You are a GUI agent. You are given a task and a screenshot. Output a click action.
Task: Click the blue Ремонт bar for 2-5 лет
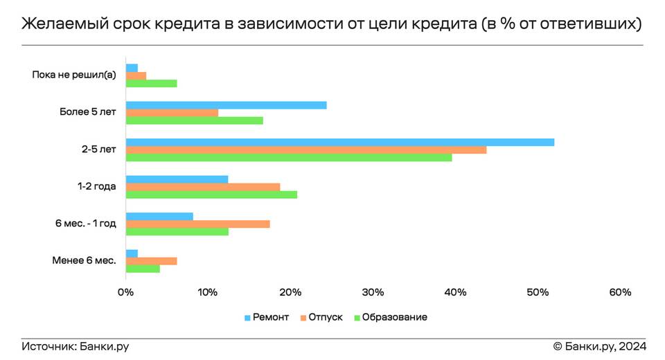coord(339,143)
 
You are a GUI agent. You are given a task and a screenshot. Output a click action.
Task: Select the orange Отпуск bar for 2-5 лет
coord(305,150)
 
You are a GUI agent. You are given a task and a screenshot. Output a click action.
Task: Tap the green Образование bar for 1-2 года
coord(211,195)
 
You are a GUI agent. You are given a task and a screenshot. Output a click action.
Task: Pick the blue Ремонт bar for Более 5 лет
coord(226,105)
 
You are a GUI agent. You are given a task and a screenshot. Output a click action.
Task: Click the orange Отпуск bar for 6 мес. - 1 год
coord(197,224)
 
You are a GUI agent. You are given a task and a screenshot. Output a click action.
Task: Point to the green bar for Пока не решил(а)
coord(151,83)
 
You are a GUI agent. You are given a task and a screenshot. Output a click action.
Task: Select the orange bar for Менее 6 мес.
coord(151,261)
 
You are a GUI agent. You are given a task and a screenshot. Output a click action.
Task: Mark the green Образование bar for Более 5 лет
coord(194,120)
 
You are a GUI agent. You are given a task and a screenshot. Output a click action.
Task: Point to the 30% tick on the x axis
coord(373,292)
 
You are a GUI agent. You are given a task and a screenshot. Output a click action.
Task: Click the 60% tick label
coord(621,292)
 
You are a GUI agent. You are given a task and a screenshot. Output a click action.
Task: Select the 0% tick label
coord(125,292)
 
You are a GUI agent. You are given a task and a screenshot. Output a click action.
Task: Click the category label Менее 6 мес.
coord(83,260)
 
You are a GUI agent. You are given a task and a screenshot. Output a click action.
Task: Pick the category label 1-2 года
coord(97,186)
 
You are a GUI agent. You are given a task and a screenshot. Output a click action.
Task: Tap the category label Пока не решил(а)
coord(74,75)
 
